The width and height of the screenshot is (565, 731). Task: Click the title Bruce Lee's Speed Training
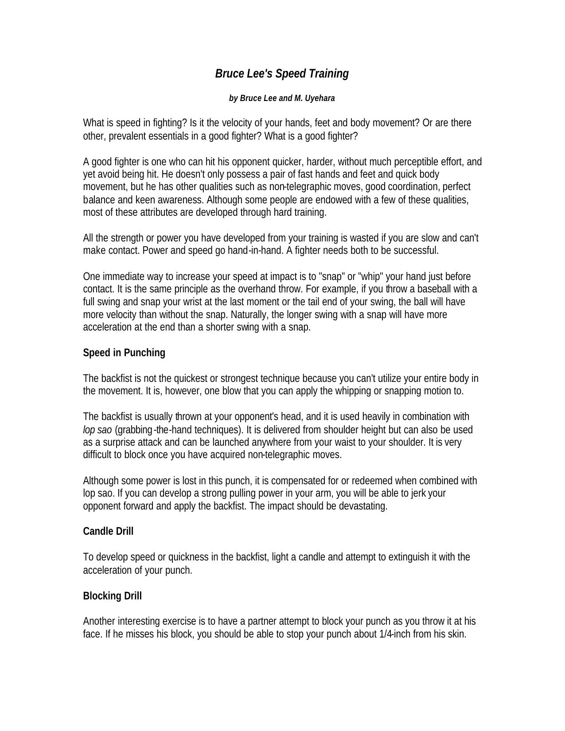[282, 74]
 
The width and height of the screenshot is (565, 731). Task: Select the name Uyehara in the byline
[320, 98]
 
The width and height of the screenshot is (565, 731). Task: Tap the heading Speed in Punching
[124, 353]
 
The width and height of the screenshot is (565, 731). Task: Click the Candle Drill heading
[108, 531]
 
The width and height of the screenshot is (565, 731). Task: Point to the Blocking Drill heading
[112, 596]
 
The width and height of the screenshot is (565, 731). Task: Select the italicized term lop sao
[97, 430]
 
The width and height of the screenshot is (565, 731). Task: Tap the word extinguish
[409, 557]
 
